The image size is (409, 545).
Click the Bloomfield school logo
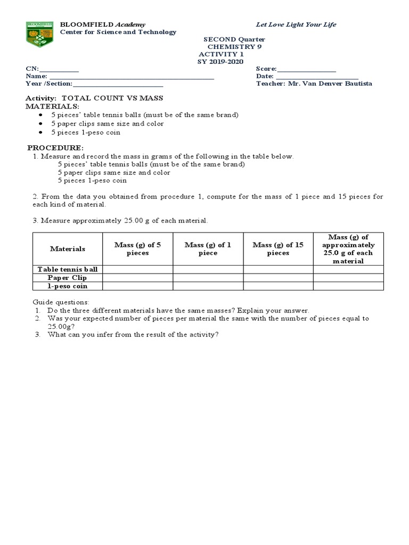coord(40,34)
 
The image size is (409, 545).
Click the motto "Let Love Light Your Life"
coord(296,24)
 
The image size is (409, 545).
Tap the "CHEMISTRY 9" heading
coord(234,47)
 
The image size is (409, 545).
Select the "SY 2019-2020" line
coord(220,61)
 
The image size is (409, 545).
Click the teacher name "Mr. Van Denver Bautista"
coord(330,84)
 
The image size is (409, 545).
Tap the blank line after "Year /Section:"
coord(118,84)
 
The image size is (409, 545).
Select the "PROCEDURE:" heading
coord(55,147)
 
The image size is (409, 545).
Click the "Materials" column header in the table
coord(67,249)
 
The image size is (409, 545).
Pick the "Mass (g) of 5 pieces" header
coord(137,249)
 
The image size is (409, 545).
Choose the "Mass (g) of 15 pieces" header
coord(278,249)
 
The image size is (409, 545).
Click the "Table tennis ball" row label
coord(67,269)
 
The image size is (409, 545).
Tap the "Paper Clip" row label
coord(67,278)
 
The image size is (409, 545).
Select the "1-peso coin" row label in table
coord(67,286)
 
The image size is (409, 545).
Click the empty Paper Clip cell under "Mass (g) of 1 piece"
coord(208,278)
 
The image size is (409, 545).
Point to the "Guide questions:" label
coord(61,302)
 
